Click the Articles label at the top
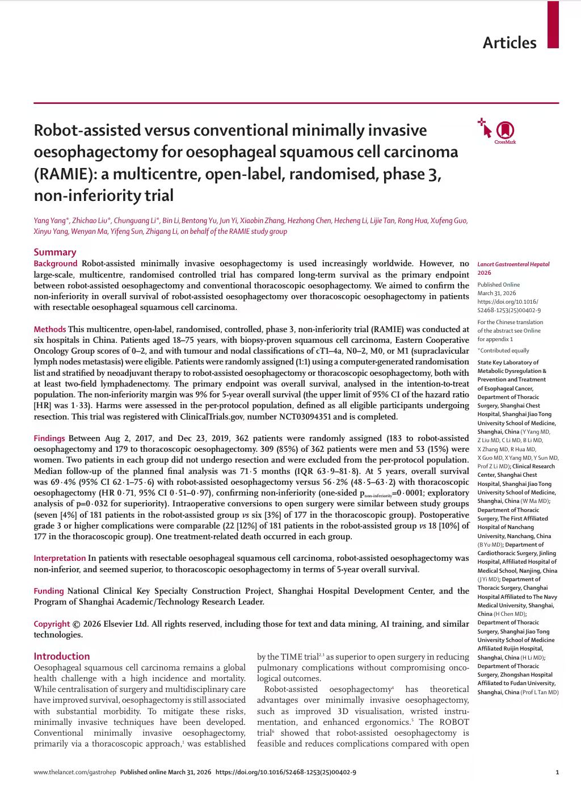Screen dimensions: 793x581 pos(509,43)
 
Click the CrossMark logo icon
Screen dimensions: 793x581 pos(505,131)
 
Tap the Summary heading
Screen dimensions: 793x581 pos(54,252)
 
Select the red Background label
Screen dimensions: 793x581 pos(55,263)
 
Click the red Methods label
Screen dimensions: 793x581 pos(49,329)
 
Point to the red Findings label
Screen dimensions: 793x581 pos(49,438)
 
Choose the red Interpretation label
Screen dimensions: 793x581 pos(60,558)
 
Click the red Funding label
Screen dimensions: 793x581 pos(49,591)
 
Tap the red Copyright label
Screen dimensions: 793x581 pos(52,624)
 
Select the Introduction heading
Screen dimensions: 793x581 pos(61,656)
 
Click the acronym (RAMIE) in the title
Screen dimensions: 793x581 pos(65,174)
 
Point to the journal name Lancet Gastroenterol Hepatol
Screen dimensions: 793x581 pos(513,265)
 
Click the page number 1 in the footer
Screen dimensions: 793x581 pos(557,772)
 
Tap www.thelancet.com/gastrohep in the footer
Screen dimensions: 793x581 pos(75,772)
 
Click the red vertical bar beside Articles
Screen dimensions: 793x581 pos(553,24)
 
